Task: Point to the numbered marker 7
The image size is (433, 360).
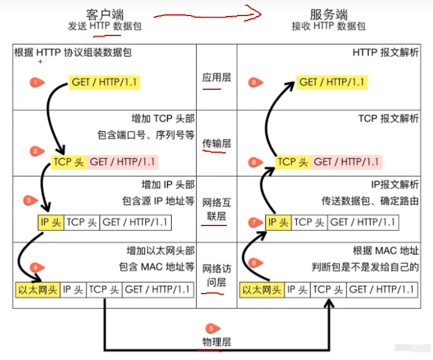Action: click(255, 222)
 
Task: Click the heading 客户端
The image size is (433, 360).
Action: click(105, 14)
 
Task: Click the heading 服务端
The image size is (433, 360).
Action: click(328, 14)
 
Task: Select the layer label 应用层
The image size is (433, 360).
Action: click(217, 77)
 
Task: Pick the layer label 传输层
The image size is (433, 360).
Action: click(217, 144)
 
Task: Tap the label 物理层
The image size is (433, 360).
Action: click(217, 342)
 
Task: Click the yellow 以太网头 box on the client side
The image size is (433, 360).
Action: click(37, 290)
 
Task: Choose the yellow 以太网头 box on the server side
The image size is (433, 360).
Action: click(262, 290)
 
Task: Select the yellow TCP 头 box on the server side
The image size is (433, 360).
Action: click(293, 162)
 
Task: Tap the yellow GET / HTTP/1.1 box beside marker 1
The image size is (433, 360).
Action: click(105, 82)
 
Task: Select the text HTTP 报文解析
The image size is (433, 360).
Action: click(386, 53)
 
